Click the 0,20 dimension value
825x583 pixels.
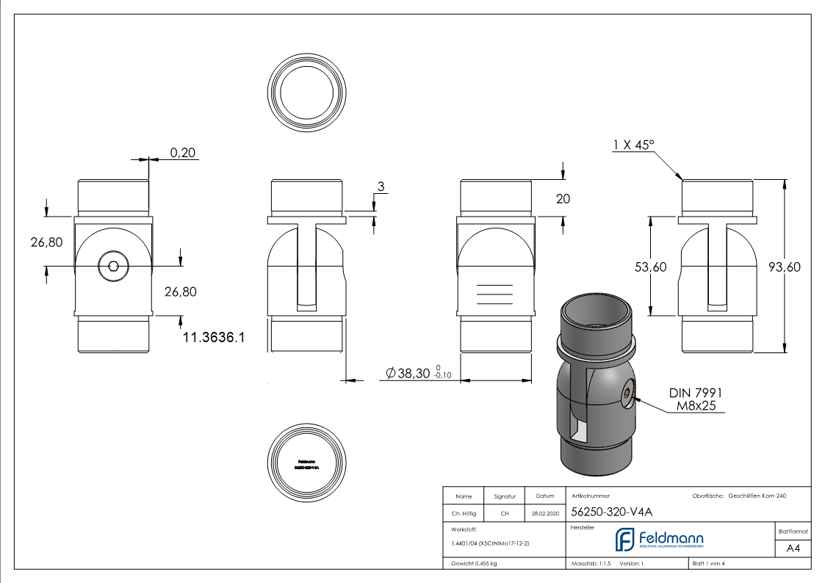click(184, 153)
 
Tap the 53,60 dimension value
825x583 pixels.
click(651, 267)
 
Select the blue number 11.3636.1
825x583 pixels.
click(213, 338)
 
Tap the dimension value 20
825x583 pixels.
click(563, 199)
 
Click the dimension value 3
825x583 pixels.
click(381, 187)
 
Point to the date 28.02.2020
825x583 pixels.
click(545, 513)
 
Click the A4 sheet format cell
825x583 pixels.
click(793, 548)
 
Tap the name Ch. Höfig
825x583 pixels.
click(463, 513)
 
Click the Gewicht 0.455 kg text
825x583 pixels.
click(474, 563)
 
